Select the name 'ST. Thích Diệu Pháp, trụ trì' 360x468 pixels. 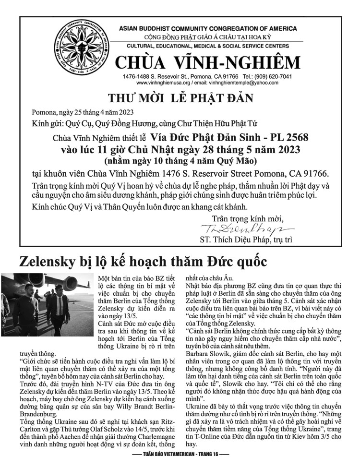(245, 239)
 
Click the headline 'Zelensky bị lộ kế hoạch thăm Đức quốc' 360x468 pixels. (144, 262)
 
